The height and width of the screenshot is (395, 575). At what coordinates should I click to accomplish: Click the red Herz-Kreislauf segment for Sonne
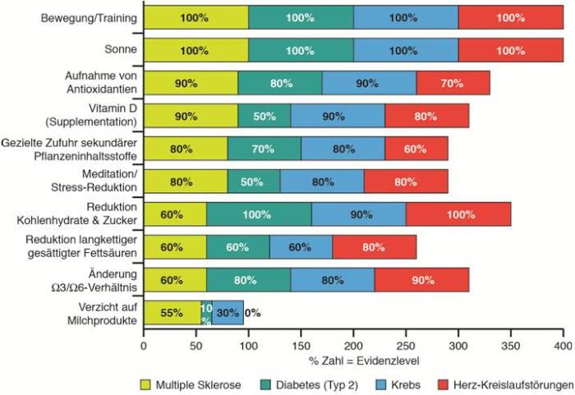(511, 50)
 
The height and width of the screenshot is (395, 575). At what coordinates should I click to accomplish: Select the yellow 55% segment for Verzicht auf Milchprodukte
(172, 313)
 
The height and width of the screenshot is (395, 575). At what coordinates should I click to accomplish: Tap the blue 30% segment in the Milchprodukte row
(228, 313)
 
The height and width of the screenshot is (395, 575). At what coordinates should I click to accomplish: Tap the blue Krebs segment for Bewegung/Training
(406, 17)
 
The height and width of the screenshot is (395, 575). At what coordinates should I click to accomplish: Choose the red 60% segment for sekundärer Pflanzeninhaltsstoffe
(416, 149)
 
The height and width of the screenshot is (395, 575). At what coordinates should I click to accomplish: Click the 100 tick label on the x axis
(248, 346)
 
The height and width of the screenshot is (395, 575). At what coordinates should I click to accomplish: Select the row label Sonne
(119, 50)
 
